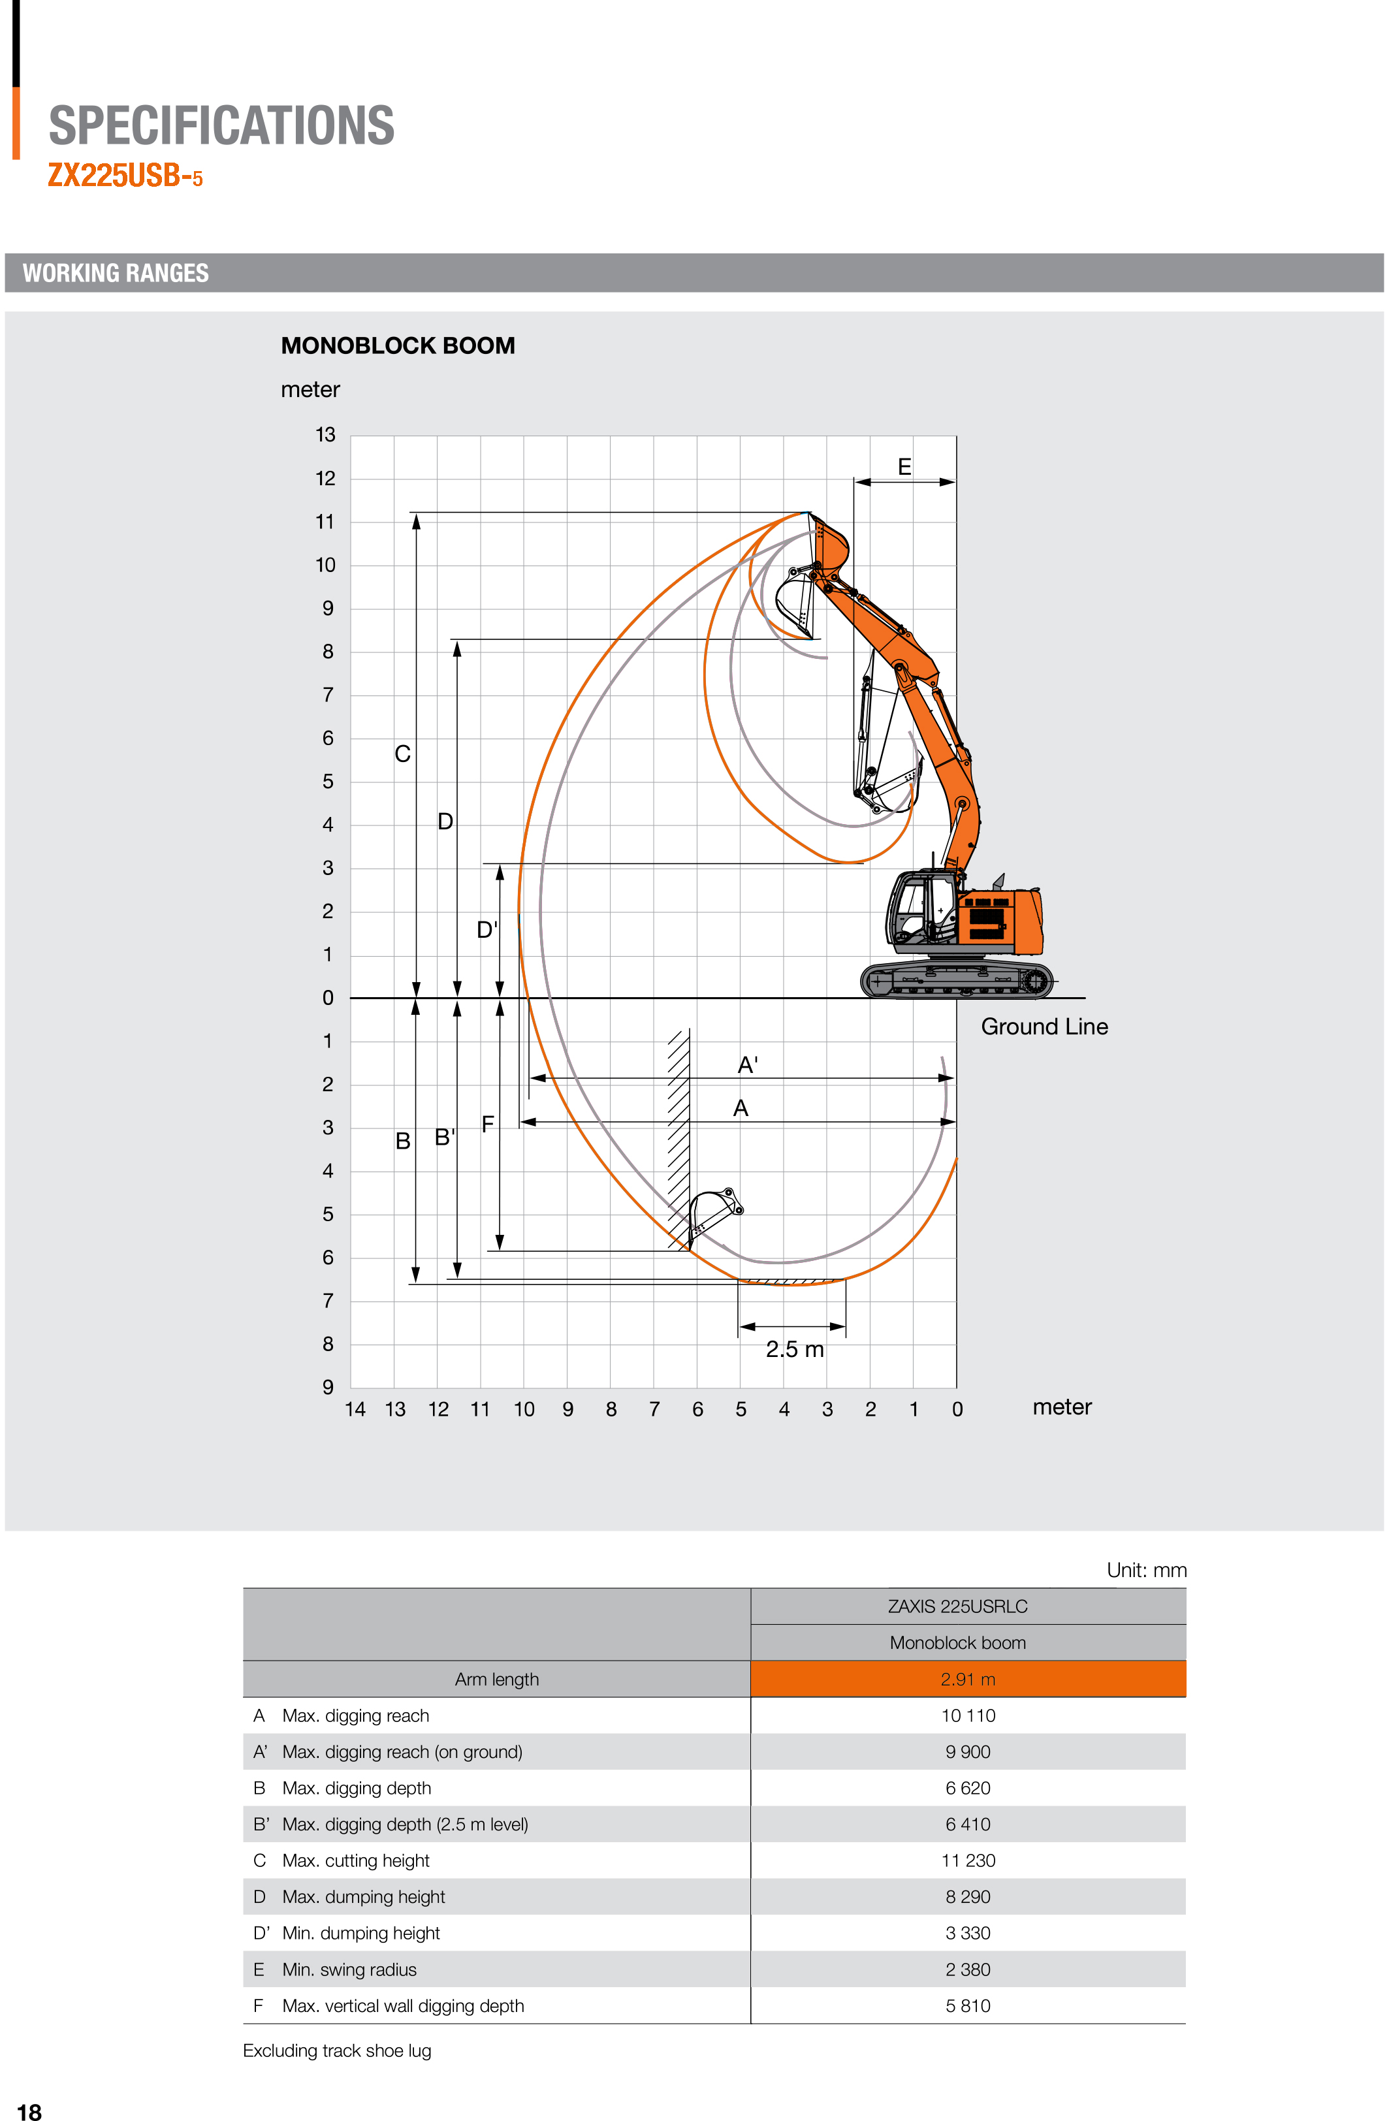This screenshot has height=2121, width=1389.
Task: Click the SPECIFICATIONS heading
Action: [x=221, y=125]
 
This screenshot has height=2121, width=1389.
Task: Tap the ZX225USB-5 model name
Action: [x=125, y=176]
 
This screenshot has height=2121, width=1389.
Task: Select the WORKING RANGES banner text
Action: [x=116, y=273]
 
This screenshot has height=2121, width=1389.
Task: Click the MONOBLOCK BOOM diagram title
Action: [x=397, y=346]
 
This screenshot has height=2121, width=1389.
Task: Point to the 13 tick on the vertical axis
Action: [x=325, y=435]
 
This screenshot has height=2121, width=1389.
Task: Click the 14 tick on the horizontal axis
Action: [x=355, y=1409]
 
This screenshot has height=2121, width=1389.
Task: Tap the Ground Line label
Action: [x=1044, y=1027]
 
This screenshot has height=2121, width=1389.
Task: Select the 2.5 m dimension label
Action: [x=794, y=1349]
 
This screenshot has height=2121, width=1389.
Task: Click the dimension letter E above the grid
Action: [x=904, y=467]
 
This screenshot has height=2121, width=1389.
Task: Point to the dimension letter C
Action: [x=403, y=754]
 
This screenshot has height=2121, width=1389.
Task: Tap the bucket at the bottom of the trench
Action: [x=712, y=1212]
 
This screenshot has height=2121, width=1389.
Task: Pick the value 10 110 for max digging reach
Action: [x=968, y=1715]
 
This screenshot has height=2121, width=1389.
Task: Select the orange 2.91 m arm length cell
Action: [x=968, y=1679]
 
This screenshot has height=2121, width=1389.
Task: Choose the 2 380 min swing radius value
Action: [x=968, y=1970]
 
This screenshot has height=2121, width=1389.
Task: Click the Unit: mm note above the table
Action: [x=1146, y=1571]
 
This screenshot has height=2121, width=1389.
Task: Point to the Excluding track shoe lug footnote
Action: [x=337, y=2050]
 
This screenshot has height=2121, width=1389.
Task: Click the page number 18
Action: [x=29, y=2111]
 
